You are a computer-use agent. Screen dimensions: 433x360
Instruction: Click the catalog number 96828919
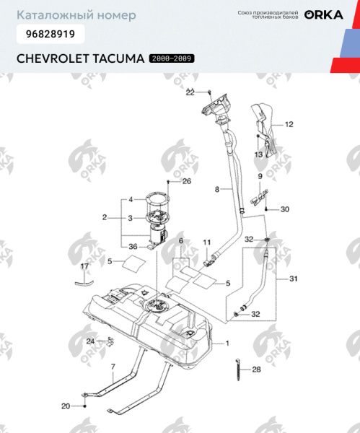click(48, 33)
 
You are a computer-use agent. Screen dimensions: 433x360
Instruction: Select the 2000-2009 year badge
click(171, 58)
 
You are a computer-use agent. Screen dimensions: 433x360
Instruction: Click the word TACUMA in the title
click(115, 58)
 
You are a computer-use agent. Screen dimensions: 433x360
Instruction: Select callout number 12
click(289, 124)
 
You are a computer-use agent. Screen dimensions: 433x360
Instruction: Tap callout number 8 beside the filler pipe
click(216, 190)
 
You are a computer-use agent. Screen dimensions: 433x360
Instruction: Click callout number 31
click(292, 279)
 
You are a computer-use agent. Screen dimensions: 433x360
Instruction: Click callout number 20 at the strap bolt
click(65, 406)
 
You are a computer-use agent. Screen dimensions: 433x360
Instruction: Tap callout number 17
click(84, 267)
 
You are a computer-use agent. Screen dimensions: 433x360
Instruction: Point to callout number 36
click(133, 247)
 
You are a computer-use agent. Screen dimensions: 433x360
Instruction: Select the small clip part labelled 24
click(110, 341)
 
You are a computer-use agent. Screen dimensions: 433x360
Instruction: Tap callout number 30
click(284, 209)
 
